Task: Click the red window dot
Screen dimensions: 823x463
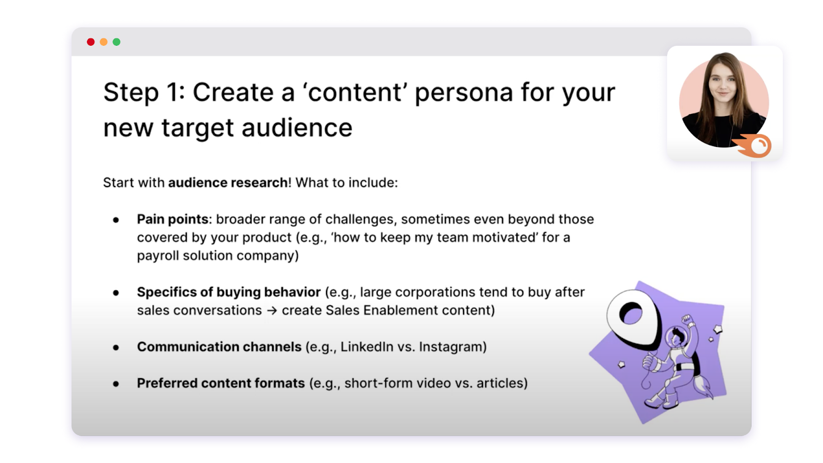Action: point(91,42)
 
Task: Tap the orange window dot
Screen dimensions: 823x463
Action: point(103,42)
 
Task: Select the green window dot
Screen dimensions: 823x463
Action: point(116,42)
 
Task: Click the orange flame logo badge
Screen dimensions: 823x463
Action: point(753,146)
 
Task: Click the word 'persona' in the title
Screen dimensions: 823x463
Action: point(463,92)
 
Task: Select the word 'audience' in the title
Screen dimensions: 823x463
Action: point(297,128)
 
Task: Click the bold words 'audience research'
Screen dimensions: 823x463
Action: point(228,182)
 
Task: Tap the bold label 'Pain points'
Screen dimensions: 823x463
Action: point(173,219)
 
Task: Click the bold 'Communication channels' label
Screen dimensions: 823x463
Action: point(219,346)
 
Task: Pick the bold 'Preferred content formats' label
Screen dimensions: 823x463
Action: point(221,383)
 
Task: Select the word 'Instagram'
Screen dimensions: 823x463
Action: point(451,346)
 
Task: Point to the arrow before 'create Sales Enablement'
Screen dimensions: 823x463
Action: point(272,310)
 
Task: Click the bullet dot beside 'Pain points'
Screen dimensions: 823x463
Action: point(116,220)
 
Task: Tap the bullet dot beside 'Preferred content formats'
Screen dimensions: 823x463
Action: point(116,384)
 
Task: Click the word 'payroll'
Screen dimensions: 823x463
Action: point(158,255)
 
